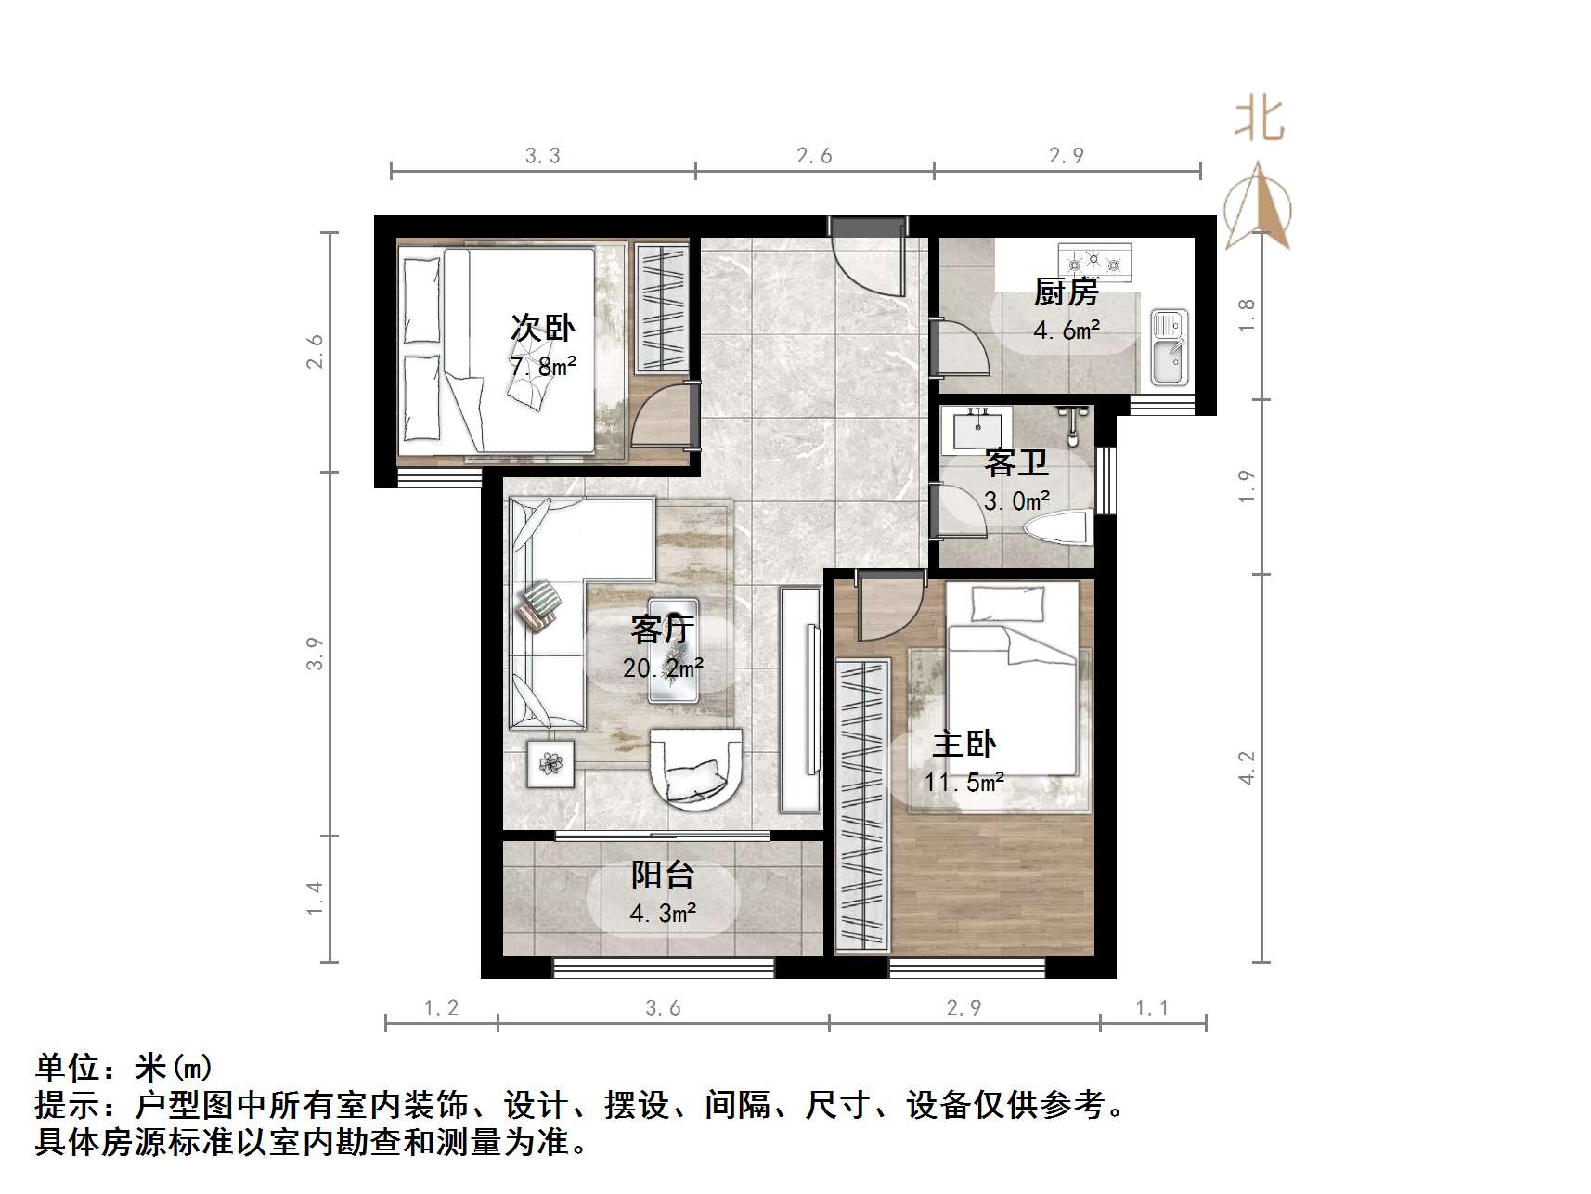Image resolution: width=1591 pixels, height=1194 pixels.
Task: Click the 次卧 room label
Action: [x=542, y=328]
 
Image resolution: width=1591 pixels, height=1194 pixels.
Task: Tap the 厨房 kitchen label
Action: [x=1067, y=292]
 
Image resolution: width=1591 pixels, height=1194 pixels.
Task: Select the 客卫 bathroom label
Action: [x=1016, y=462]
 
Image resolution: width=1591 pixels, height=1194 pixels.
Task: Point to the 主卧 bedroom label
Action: [x=964, y=744]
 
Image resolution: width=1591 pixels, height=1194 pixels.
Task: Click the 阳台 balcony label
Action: [x=663, y=875]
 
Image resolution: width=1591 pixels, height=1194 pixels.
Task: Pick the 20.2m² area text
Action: [x=663, y=668]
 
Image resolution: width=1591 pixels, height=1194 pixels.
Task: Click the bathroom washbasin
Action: [x=977, y=429]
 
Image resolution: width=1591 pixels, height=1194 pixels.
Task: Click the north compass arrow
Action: [x=1258, y=206]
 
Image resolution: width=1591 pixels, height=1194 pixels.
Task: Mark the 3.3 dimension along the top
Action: [x=542, y=156]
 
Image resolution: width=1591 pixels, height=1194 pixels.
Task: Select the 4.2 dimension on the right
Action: [x=1247, y=768]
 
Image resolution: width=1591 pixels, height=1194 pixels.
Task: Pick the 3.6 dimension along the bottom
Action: [x=663, y=1008]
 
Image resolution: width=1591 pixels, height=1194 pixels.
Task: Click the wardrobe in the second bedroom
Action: [x=661, y=308]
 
